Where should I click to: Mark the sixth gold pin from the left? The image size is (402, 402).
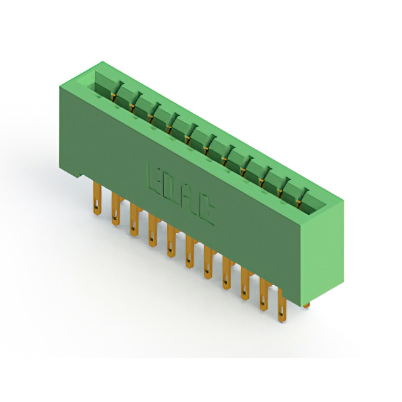[x=190, y=252]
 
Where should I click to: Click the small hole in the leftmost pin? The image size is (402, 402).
[x=97, y=207]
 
